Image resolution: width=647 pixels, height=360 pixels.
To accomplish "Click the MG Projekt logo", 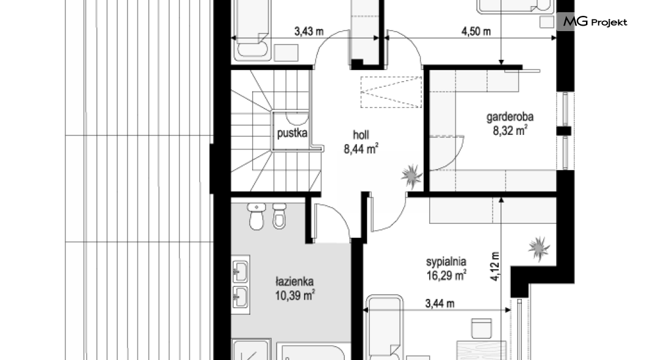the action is point(594,22).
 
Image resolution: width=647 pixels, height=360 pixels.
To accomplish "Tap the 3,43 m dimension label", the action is point(309,31).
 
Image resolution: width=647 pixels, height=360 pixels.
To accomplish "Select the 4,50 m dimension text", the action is point(475,31).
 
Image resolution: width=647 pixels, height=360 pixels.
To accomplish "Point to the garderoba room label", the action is point(510,117).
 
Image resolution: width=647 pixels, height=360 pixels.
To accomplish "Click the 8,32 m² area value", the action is point(510,131).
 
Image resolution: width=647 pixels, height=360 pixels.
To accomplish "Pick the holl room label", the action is point(361,135).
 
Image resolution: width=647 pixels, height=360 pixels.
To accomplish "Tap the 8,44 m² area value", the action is point(361,148).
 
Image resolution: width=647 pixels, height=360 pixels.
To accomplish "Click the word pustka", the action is point(292,133).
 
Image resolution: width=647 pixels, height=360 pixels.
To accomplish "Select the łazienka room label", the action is point(295,282).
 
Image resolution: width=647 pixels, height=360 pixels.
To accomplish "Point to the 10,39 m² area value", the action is point(295,295).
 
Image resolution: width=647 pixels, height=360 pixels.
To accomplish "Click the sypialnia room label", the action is point(446,262).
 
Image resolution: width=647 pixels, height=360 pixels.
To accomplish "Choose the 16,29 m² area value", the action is point(446,275).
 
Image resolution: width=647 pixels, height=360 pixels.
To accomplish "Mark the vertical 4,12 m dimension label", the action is point(495,267).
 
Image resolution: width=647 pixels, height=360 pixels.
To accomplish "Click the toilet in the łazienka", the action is point(256,217).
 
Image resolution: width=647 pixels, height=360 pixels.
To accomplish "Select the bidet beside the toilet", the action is point(280,215).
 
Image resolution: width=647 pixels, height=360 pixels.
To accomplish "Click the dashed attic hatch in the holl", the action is point(391,92).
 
